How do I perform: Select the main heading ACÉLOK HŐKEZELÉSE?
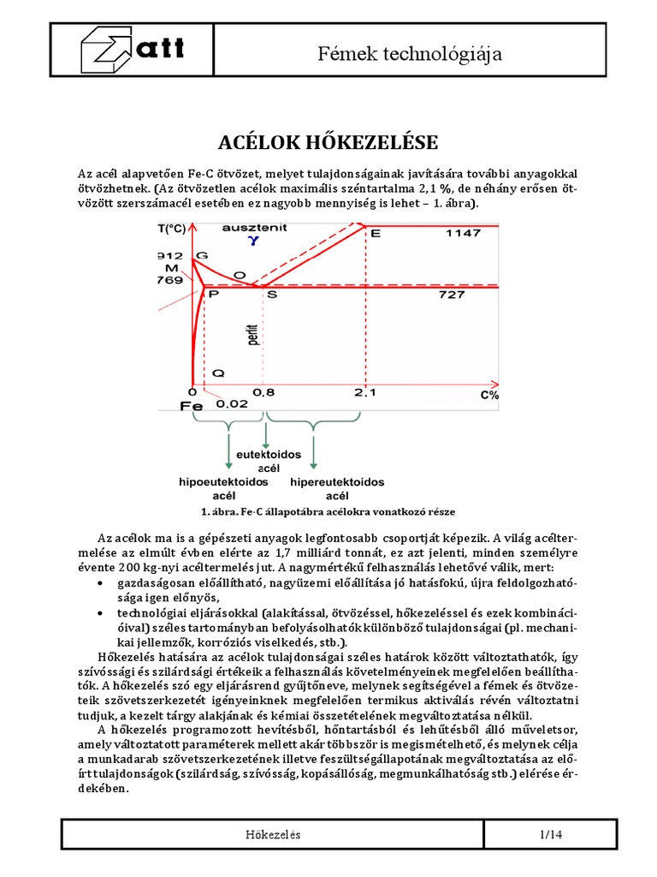pos(328,140)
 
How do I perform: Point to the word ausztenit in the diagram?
pos(254,228)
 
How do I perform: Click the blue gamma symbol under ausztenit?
pos(252,242)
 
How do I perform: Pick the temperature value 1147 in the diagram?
pos(463,233)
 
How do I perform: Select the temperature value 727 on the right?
pos(452,294)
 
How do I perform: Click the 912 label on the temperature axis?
pos(171,255)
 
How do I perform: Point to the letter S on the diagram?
pos(272,295)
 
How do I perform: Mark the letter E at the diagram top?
pos(376,234)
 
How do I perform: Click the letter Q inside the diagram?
pos(219,373)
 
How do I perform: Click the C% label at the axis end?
pos(488,395)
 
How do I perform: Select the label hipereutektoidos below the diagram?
pos(338,482)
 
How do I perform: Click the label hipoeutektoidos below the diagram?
pos(218,482)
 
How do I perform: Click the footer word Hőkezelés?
pos(274,835)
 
